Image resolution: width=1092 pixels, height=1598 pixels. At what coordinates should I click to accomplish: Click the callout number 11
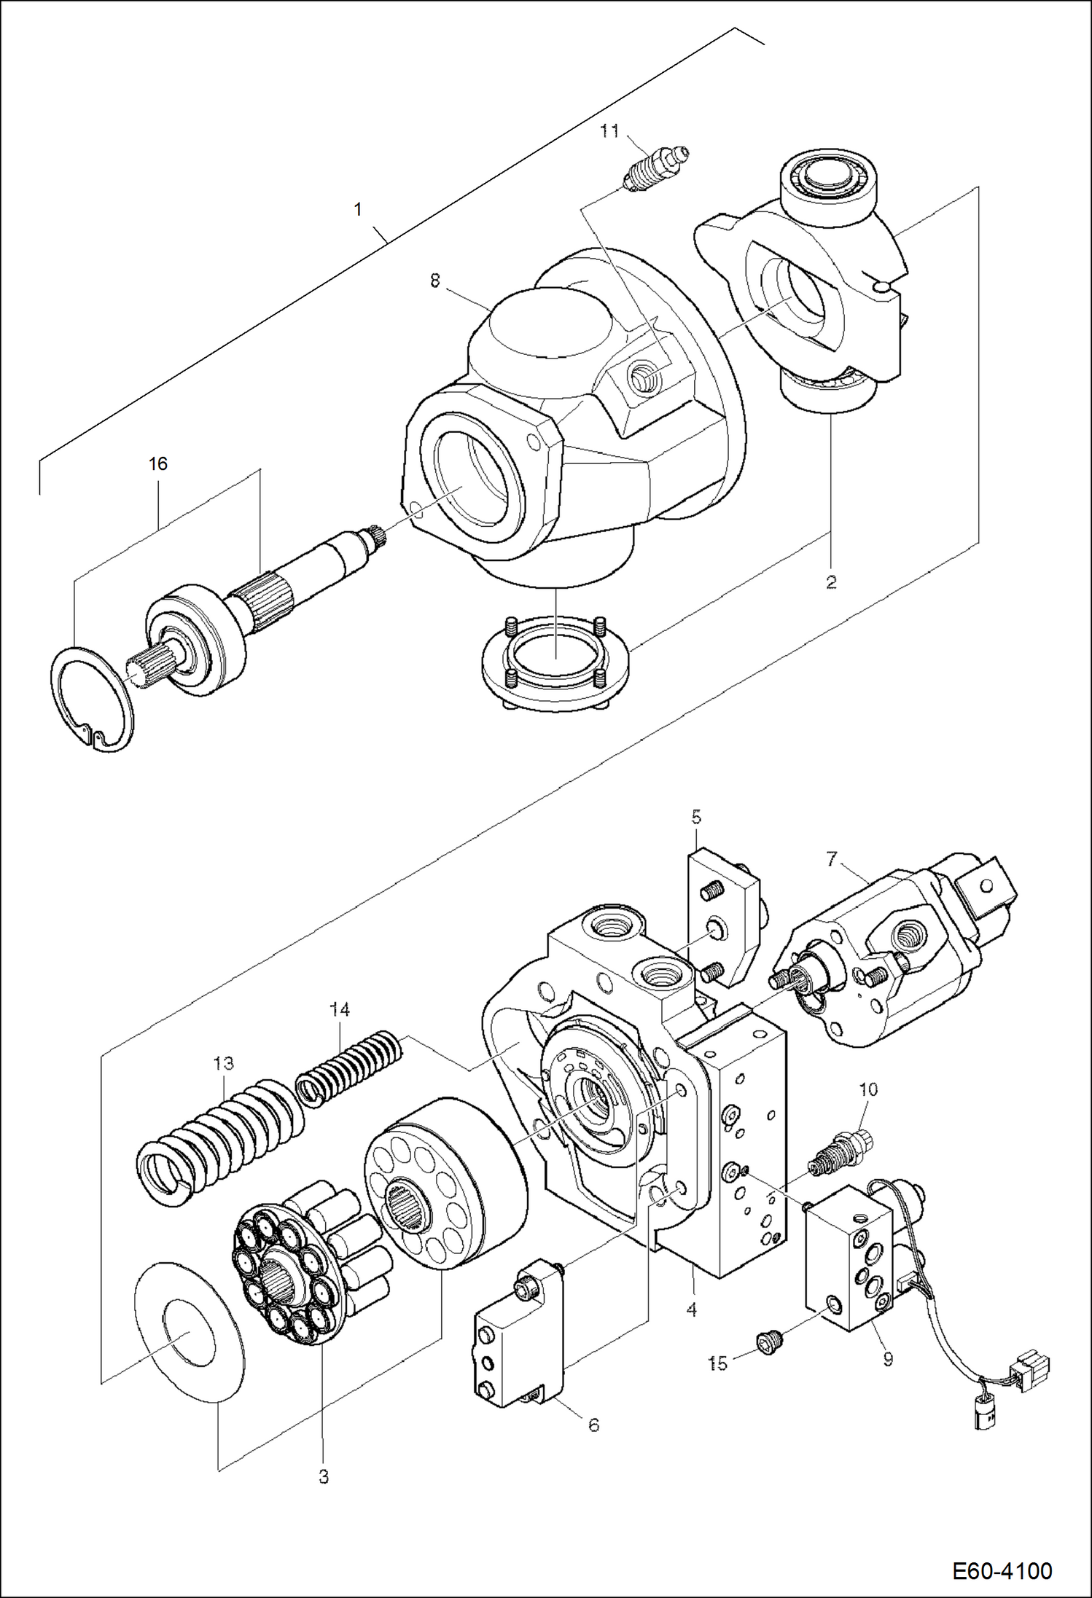609,131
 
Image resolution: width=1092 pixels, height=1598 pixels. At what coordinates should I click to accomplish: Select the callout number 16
158,463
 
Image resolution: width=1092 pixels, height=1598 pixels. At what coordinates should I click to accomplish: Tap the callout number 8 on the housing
435,281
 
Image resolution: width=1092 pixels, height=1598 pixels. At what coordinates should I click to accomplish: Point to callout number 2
831,582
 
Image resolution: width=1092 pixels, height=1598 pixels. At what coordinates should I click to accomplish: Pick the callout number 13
224,1063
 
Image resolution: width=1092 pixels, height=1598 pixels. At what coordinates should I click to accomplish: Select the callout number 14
340,1009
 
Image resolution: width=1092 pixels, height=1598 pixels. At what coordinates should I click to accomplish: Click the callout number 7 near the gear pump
832,859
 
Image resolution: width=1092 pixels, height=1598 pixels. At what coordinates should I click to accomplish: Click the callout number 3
324,1477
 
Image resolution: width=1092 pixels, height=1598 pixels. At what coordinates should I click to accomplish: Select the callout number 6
593,1425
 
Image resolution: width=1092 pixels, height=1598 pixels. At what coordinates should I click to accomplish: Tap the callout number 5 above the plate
696,817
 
